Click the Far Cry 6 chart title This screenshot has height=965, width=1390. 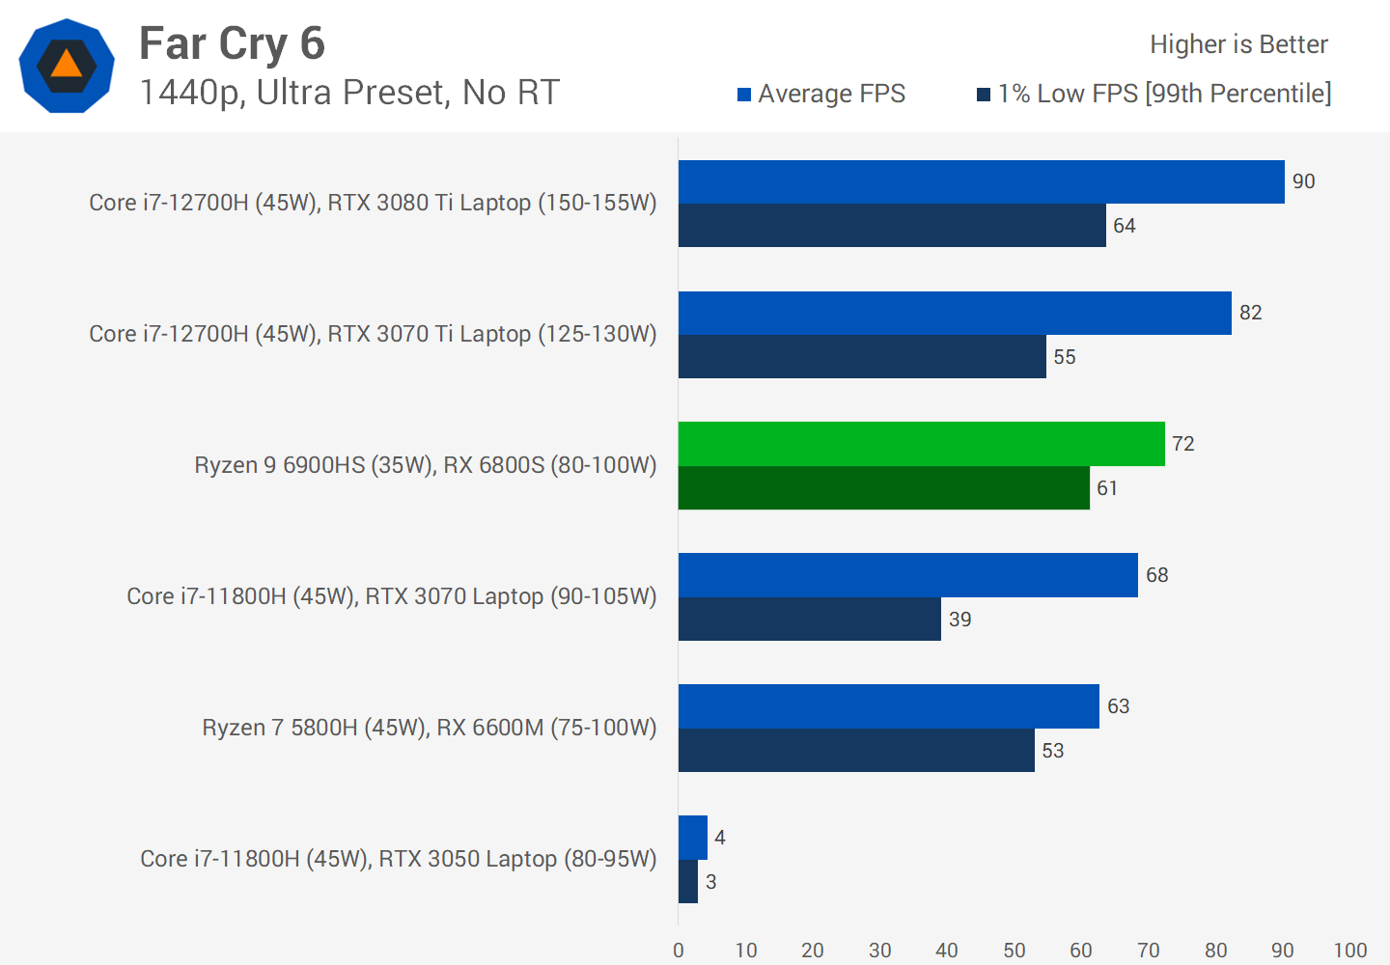[x=232, y=43]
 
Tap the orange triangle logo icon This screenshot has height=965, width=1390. [x=67, y=66]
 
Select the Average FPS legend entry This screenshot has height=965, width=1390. [x=821, y=94]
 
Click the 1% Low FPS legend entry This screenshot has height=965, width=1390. [x=1154, y=94]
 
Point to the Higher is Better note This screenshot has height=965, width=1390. [x=1238, y=44]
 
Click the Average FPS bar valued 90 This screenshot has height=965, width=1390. [x=981, y=181]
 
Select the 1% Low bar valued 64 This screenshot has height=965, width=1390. [x=892, y=226]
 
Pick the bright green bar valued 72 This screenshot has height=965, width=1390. [x=921, y=444]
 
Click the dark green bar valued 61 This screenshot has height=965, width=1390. [x=883, y=488]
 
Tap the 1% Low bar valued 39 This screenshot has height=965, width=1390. [x=809, y=620]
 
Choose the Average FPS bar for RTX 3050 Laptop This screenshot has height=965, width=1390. [x=693, y=838]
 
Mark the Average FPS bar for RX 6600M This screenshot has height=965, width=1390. [x=888, y=706]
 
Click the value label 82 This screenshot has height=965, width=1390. [x=1251, y=313]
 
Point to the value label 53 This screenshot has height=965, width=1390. [x=1053, y=751]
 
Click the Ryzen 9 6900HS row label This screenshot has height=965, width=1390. [x=425, y=465]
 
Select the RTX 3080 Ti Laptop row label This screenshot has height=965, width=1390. [x=373, y=203]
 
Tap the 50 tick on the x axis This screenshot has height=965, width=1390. [x=1014, y=951]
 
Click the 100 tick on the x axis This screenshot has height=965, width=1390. [x=1349, y=951]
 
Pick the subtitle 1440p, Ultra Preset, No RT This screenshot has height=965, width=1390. [x=349, y=93]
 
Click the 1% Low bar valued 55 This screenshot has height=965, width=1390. [x=862, y=357]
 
